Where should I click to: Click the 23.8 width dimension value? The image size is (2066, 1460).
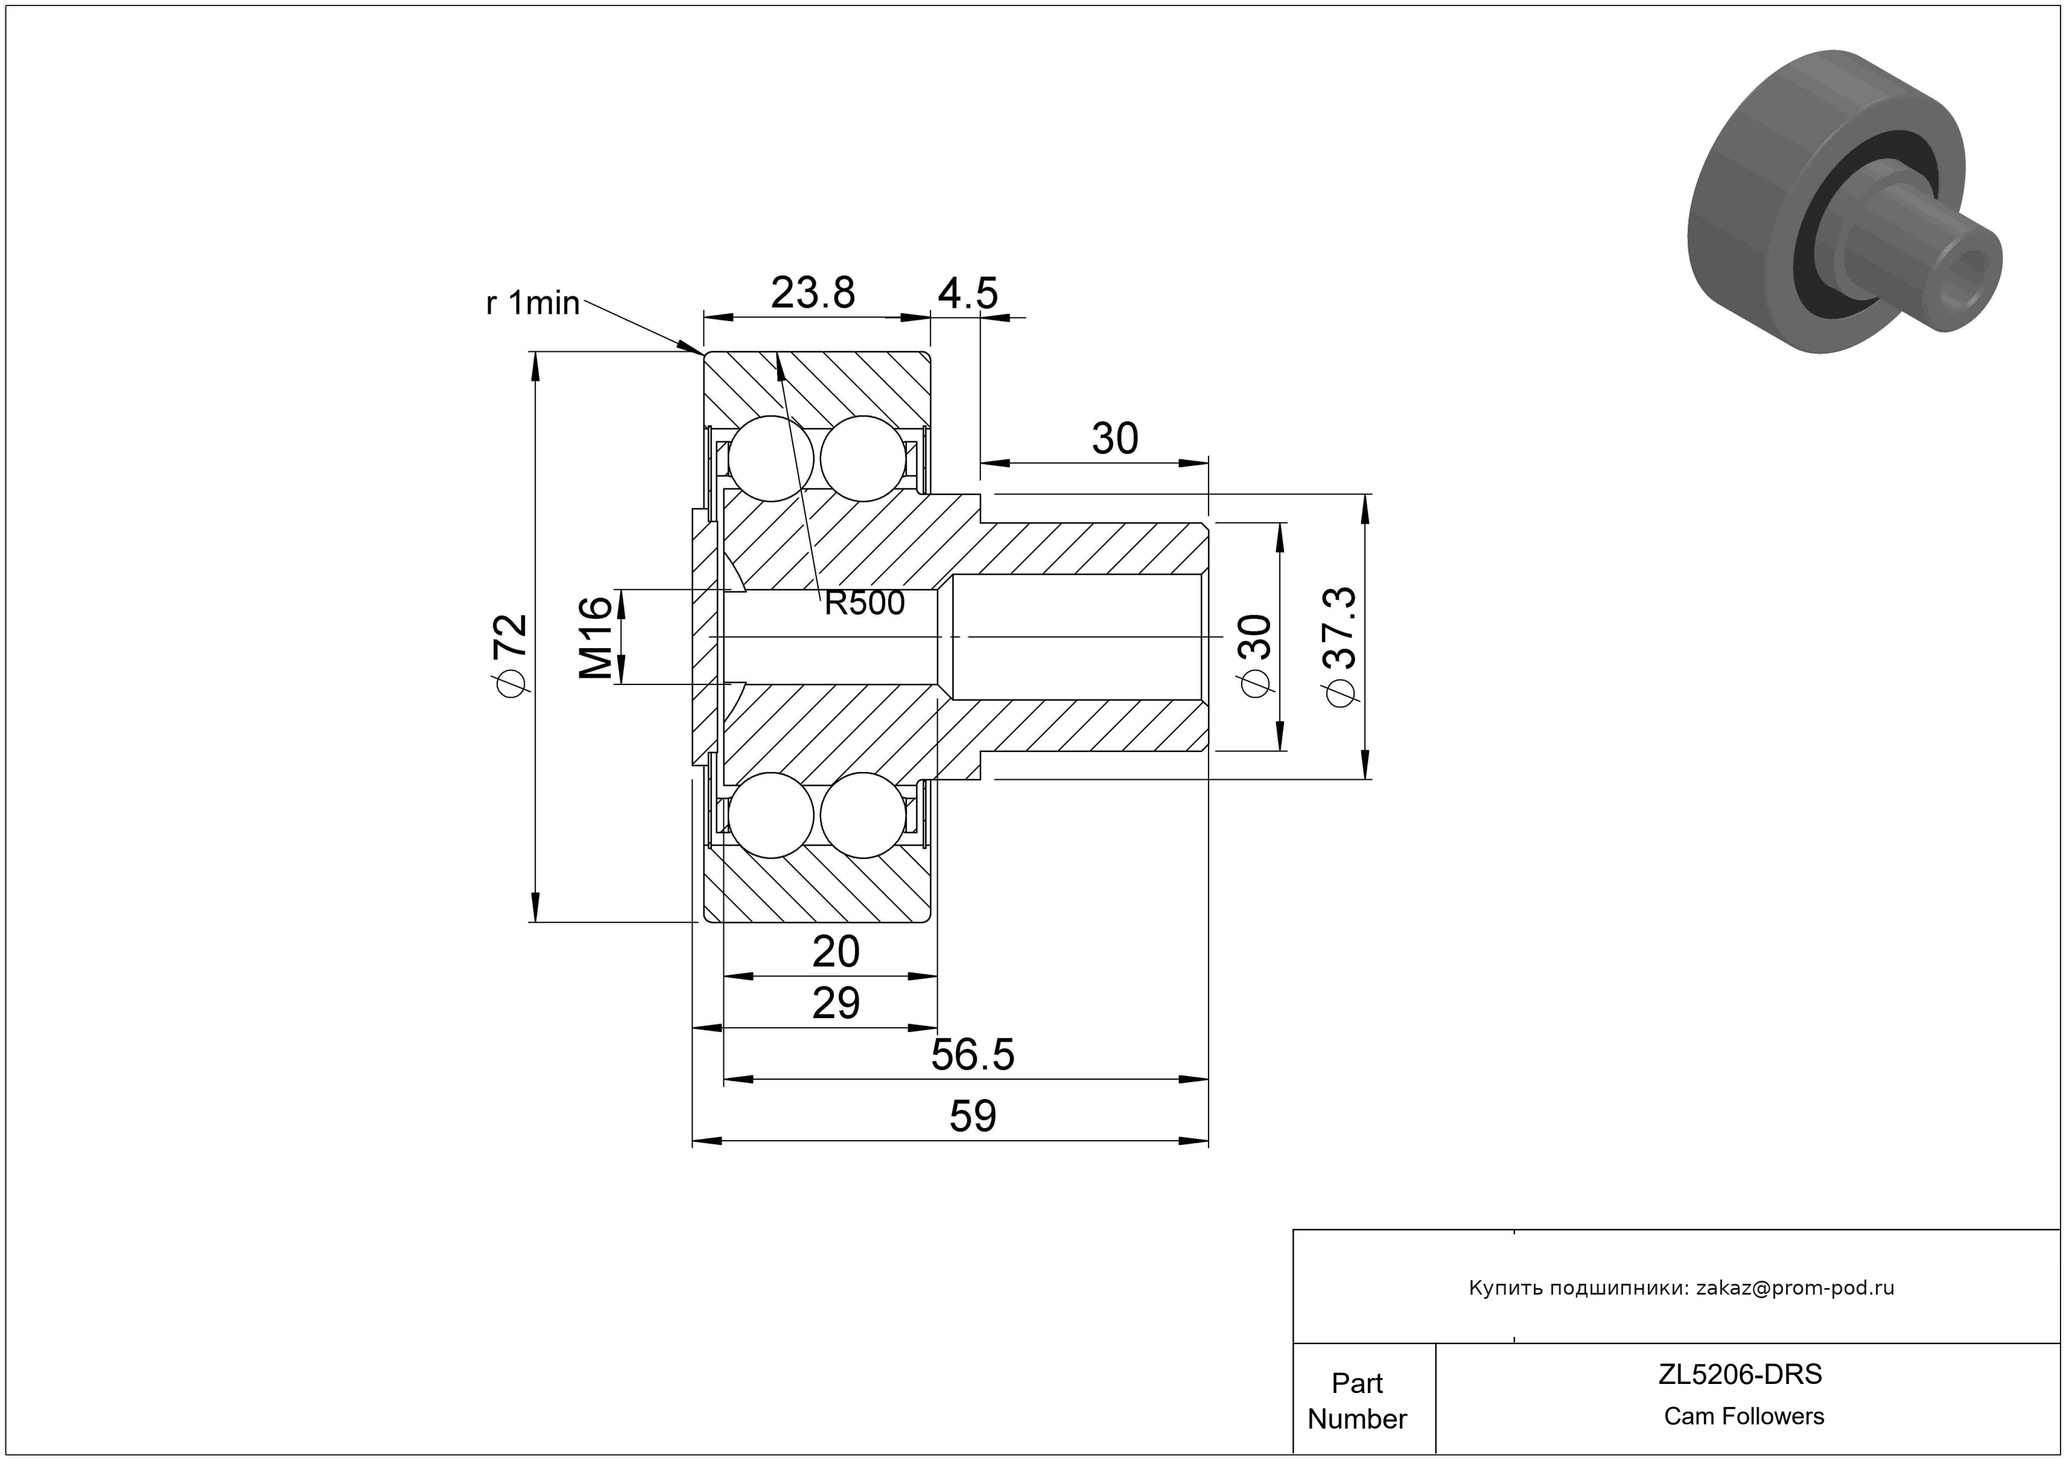click(813, 293)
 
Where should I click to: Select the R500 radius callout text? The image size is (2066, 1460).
click(865, 603)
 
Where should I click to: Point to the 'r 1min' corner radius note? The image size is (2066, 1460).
click(533, 304)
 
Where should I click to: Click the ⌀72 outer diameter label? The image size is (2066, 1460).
click(510, 654)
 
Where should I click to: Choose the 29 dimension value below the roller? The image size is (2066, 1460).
click(836, 1003)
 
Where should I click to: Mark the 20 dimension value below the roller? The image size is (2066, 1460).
click(836, 951)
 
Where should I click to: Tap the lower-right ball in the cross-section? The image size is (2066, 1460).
click(863, 815)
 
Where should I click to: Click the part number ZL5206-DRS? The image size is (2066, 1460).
click(1740, 1374)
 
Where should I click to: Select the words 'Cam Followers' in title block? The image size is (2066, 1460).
click(1744, 1416)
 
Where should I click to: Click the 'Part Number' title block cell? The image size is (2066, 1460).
click(1357, 1401)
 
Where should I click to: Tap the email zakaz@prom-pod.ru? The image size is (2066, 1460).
click(1794, 1288)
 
